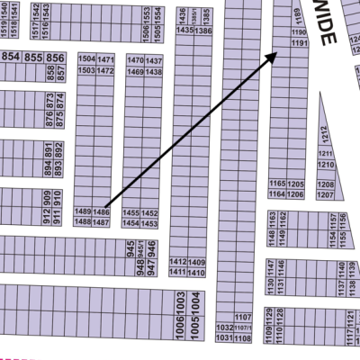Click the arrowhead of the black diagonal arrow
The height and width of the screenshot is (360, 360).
pos(273,53)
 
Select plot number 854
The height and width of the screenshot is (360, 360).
pos(12,58)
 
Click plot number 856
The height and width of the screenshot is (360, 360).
pos(56,58)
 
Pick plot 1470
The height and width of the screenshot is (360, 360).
pos(136,59)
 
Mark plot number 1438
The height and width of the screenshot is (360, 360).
pos(154,71)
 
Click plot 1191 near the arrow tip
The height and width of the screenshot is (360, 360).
pos(300,43)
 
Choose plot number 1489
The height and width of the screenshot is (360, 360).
pos(84,211)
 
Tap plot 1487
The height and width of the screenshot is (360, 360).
pos(102,221)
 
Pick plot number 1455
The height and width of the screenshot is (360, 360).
pos(130,212)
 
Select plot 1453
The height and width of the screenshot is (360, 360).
pos(149,223)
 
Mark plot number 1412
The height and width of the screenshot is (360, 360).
pos(178,261)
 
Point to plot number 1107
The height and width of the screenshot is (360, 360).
pos(241,318)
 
